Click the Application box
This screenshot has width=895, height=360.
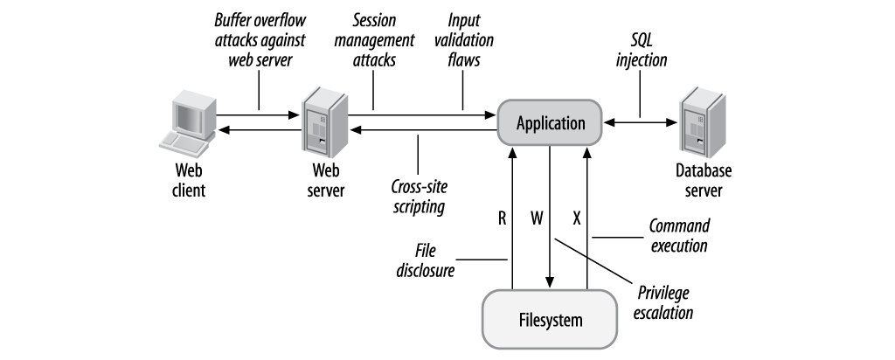550,123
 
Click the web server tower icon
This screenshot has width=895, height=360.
320,122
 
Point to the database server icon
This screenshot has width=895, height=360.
705,121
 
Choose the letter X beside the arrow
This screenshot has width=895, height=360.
577,217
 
